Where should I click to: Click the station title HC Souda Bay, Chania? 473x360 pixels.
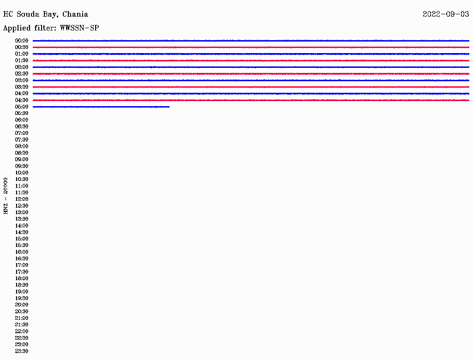point(46,14)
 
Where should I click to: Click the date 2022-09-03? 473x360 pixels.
point(446,14)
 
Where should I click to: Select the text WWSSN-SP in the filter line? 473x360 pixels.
point(79,28)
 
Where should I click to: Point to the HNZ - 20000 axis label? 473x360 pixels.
point(6,196)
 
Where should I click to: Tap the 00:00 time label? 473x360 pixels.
point(22,41)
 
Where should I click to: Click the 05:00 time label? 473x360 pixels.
point(22,107)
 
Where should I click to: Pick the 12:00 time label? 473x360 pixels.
point(22,199)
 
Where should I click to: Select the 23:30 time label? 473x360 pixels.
point(22,351)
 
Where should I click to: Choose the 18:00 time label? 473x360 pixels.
point(22,278)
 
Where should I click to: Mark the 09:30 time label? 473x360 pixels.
point(22,166)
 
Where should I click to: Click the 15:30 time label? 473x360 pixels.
point(22,246)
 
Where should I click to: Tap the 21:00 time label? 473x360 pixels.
point(22,318)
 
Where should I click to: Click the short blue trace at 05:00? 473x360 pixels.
point(101,107)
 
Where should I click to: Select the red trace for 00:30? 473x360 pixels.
point(251,48)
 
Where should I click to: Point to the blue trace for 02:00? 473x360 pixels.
point(251,67)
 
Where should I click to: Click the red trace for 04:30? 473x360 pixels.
point(251,100)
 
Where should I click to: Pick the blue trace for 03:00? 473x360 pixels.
point(251,80)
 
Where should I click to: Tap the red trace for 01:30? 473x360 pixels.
point(251,60)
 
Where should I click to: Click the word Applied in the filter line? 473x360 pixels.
point(17,28)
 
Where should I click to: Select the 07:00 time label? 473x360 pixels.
point(22,133)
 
